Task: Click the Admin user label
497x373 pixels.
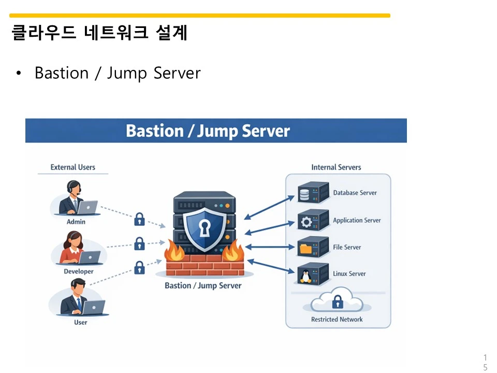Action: (76, 222)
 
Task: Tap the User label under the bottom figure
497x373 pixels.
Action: (80, 322)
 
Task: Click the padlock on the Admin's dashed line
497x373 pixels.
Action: (139, 219)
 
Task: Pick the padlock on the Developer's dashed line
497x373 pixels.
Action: (139, 243)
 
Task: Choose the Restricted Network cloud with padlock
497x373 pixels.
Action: (338, 301)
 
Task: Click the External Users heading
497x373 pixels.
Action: (72, 167)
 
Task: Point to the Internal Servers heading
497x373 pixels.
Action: (336, 167)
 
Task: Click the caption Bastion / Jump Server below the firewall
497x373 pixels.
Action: (203, 285)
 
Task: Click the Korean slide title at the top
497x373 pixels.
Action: (99, 33)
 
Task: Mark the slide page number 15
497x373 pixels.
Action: (485, 363)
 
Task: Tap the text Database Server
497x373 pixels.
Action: (355, 193)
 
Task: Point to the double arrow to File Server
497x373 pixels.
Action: (269, 247)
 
